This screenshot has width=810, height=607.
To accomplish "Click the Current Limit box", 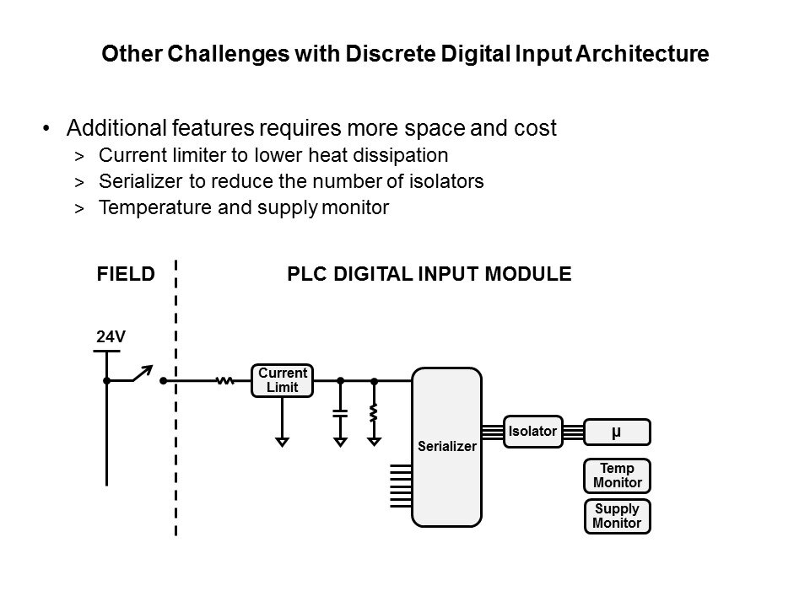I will (x=283, y=380).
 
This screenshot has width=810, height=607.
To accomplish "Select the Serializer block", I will (x=446, y=446).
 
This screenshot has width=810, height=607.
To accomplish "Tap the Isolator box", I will (x=533, y=432).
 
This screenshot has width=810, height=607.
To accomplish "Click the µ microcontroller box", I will (x=617, y=432).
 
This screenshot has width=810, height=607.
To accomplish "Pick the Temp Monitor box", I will (x=617, y=476).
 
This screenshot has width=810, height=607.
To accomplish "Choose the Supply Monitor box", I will (x=617, y=516).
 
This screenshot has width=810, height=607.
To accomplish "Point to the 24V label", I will (x=111, y=336).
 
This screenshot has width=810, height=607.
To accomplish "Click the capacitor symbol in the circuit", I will (x=340, y=413).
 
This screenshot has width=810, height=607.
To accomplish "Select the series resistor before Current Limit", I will (x=224, y=381).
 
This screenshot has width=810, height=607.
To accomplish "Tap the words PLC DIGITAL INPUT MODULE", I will (x=429, y=273).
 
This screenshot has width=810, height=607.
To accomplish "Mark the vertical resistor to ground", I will (x=374, y=413).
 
